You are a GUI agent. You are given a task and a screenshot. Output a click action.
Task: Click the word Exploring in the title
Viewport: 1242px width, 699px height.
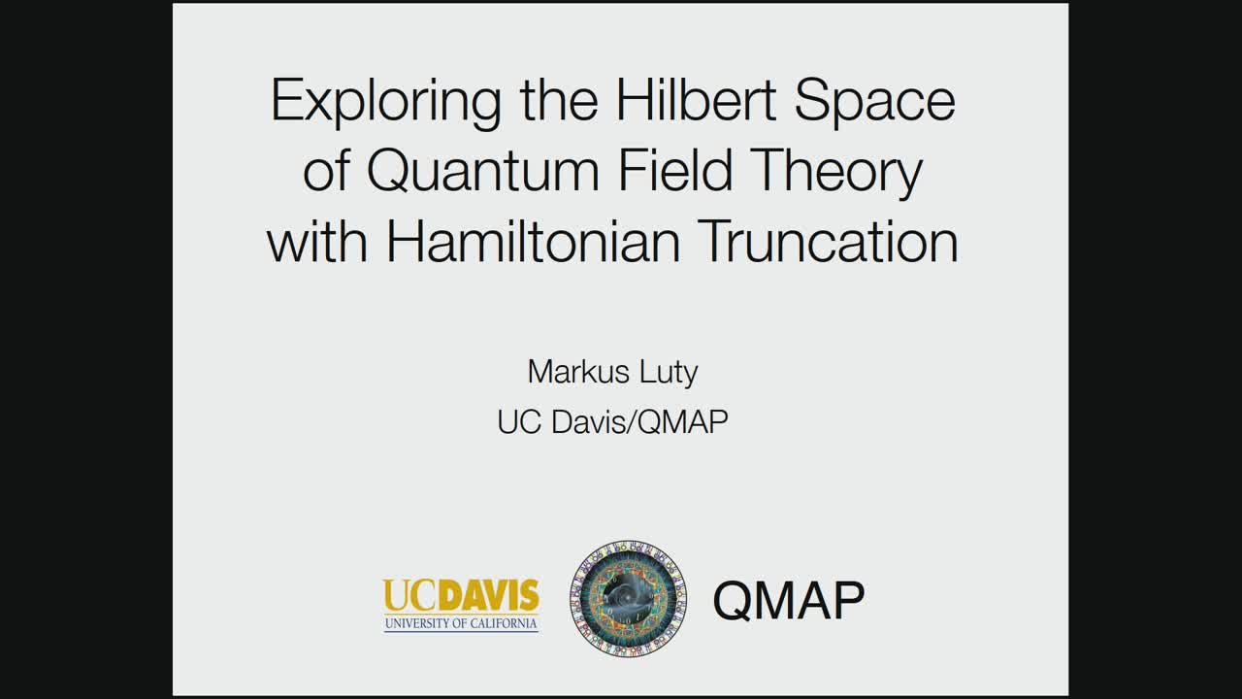coord(386,103)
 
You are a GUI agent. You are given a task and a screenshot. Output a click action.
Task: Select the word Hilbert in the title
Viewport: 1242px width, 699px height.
coord(696,100)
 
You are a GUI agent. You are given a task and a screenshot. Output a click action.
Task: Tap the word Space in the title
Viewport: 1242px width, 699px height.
coord(875,104)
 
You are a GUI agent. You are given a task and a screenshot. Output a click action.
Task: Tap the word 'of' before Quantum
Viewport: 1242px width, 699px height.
coord(326,170)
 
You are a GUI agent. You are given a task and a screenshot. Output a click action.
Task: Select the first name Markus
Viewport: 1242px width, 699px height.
coord(578,371)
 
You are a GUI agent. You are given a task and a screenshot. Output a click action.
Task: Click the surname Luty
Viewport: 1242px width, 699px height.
coord(669,373)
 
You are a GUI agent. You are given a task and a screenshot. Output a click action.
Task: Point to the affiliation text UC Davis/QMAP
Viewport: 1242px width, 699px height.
coord(612,422)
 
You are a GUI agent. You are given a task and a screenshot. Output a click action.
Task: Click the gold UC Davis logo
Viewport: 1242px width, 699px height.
coord(461,605)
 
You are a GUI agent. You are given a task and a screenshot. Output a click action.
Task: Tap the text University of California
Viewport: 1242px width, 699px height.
coord(461,623)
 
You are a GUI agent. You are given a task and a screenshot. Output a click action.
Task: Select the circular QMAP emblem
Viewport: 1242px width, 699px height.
coord(628,599)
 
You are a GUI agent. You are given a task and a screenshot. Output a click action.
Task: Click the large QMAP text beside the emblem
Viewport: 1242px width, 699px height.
coord(789,600)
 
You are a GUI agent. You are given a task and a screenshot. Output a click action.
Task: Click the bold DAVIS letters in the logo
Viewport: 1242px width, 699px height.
coord(491,595)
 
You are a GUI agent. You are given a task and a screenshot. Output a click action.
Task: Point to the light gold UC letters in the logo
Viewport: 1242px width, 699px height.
coord(412,595)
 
